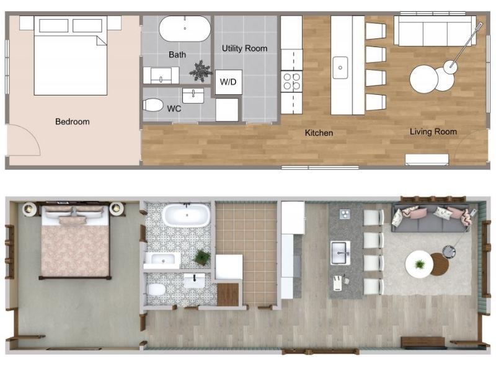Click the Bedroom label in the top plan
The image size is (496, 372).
click(72, 122)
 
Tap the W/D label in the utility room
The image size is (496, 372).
click(228, 82)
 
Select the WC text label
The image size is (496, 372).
click(174, 109)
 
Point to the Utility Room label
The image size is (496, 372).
click(244, 48)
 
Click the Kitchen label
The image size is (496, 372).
click(319, 133)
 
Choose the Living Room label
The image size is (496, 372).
click(433, 131)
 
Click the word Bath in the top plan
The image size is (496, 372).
click(177, 55)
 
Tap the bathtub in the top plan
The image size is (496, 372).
click(185, 29)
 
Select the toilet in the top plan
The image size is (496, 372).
click(153, 105)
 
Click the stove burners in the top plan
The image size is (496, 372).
click(291, 81)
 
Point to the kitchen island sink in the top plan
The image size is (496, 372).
click(340, 68)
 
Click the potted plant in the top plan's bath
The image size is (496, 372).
click(200, 71)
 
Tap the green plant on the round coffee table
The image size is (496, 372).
click(420, 263)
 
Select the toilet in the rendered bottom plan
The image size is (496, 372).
click(156, 289)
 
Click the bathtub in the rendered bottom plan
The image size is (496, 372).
click(187, 215)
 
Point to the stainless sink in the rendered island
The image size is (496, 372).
click(340, 253)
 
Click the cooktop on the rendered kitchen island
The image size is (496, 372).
click(345, 214)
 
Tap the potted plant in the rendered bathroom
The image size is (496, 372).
click(202, 257)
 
